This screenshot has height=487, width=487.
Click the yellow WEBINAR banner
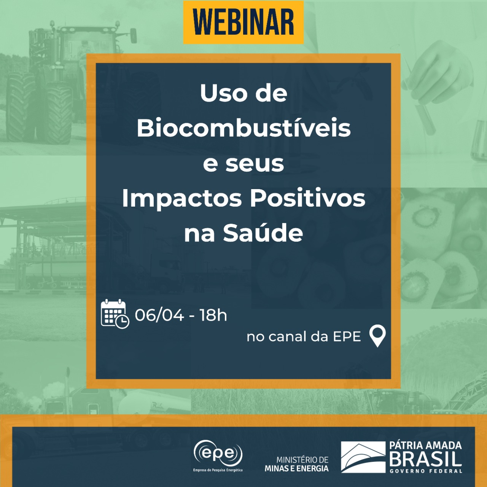243,22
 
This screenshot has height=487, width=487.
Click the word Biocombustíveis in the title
243,128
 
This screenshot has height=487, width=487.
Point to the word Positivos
307,198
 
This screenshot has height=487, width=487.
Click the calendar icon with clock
115,314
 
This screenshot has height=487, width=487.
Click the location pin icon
377,336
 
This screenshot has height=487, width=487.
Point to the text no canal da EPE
304,337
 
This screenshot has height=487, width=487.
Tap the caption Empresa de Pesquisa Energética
218,470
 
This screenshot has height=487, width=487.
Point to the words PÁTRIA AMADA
426,445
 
